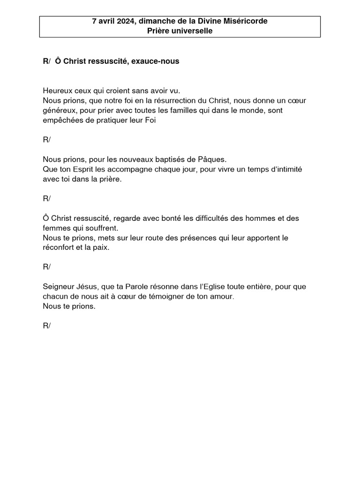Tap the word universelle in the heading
click(x=192, y=31)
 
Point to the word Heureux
click(x=57, y=90)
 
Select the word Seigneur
click(x=60, y=286)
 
